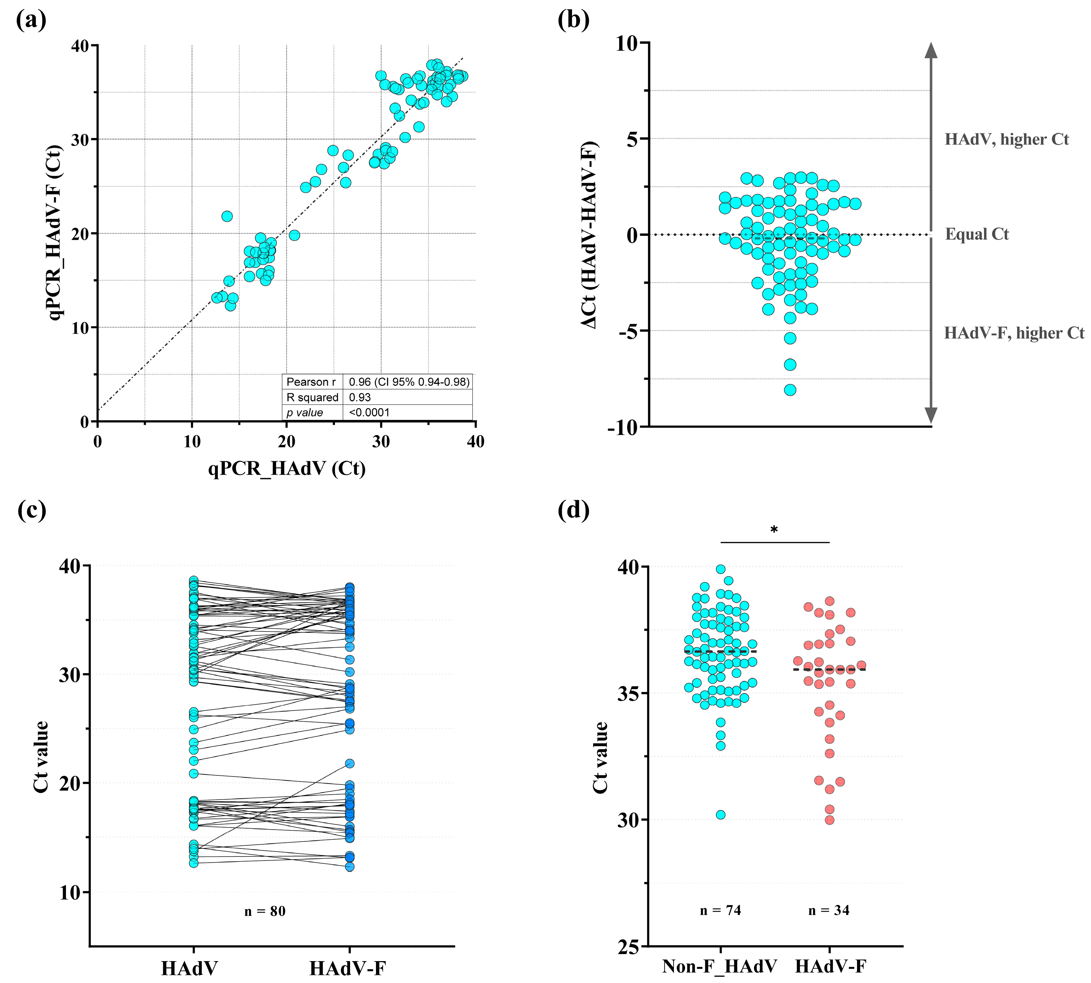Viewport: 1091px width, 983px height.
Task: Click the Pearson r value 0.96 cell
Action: tap(409, 382)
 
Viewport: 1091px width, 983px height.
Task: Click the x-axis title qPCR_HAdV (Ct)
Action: tap(287, 468)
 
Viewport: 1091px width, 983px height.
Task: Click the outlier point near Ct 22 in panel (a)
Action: tap(227, 216)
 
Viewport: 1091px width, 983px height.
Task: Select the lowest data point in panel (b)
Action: tap(790, 390)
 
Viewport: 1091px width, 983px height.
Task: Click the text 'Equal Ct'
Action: tap(977, 234)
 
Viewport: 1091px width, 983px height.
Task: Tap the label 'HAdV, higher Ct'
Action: tap(1006, 139)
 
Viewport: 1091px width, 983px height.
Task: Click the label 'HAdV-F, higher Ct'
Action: tap(1014, 333)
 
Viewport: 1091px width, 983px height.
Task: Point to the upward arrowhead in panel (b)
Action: tap(930, 50)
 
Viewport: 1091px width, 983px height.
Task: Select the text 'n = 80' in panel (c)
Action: tap(265, 911)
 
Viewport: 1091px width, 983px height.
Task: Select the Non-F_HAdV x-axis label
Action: tap(720, 966)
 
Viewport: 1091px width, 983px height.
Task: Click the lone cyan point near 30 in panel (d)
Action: tap(720, 814)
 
